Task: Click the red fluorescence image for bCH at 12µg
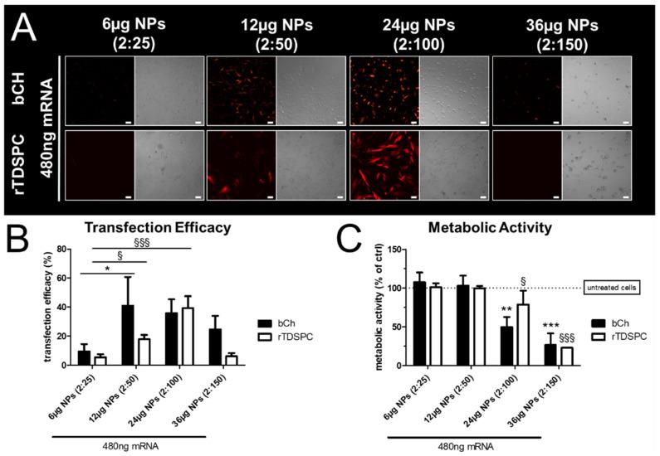click(x=240, y=90)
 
